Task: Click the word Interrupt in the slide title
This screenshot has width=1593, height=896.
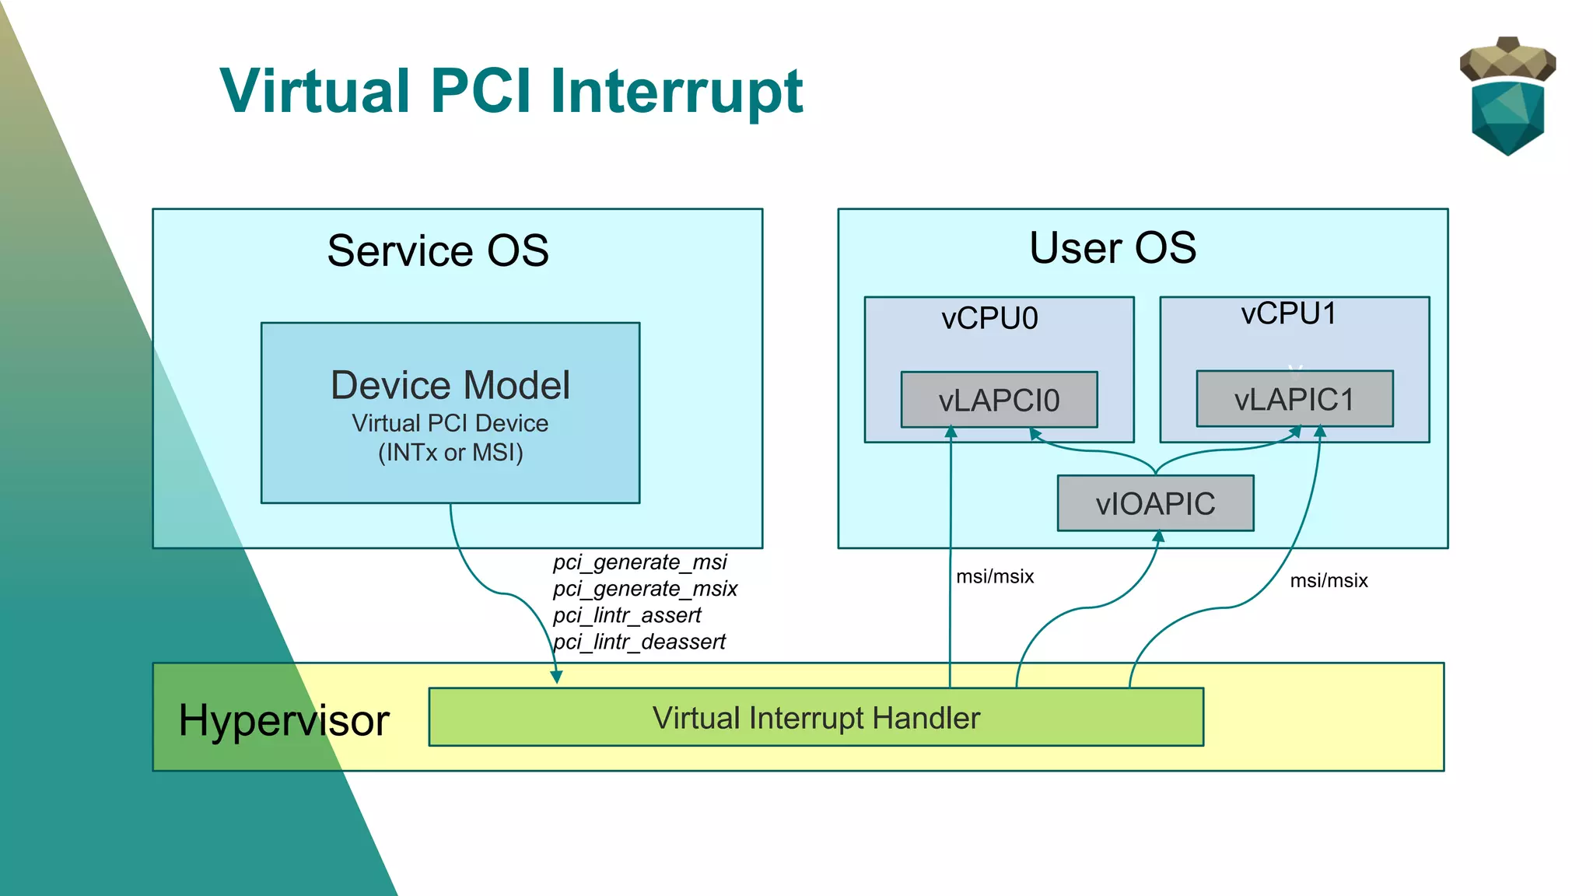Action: (x=676, y=92)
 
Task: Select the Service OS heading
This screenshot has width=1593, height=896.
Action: (x=438, y=250)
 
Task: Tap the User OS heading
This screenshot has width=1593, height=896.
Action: (x=1112, y=248)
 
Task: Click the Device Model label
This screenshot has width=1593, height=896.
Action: (x=450, y=385)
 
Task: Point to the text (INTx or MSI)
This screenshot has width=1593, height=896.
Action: (x=450, y=453)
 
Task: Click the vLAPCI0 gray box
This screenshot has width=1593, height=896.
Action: (x=999, y=400)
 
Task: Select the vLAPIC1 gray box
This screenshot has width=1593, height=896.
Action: (x=1294, y=399)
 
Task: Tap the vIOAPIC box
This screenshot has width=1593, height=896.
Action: (x=1155, y=503)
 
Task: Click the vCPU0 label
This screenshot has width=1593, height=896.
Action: (x=989, y=318)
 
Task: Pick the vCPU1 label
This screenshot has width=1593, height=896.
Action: (x=1289, y=313)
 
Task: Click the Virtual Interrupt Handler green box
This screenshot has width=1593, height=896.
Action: (x=816, y=717)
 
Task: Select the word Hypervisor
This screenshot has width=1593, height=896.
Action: (x=283, y=720)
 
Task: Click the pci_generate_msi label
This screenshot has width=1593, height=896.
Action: (x=639, y=562)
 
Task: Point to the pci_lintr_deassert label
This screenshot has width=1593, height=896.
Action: (x=639, y=642)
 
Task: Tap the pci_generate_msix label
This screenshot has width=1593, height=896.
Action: (x=645, y=588)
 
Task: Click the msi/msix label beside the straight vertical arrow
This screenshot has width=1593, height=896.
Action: (x=995, y=576)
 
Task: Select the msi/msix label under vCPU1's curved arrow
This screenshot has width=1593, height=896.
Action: (x=1329, y=580)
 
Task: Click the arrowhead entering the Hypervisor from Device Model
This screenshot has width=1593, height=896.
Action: (x=556, y=677)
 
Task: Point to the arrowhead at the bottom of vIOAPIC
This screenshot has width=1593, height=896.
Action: (x=1158, y=537)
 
